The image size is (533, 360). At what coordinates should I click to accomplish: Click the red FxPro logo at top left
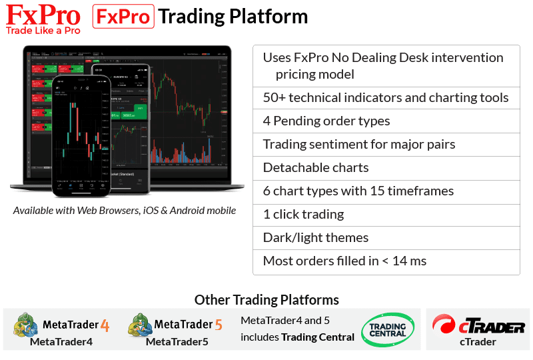click(x=43, y=14)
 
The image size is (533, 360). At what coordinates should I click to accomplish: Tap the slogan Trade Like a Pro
click(x=43, y=29)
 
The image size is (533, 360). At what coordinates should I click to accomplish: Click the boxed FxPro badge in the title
click(x=123, y=17)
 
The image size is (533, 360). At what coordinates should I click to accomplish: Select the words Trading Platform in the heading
click(x=233, y=17)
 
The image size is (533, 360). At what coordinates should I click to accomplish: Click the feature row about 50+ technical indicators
click(x=386, y=98)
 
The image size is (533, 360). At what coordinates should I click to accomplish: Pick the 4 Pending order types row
click(x=326, y=121)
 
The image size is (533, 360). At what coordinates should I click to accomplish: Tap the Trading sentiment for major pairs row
click(x=359, y=145)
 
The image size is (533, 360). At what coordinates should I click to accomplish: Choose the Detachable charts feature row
click(x=316, y=167)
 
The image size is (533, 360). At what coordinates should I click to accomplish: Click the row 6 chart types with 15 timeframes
click(x=358, y=191)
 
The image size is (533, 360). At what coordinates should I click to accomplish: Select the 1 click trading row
click(x=303, y=214)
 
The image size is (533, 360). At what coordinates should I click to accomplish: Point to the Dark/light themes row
click(x=316, y=237)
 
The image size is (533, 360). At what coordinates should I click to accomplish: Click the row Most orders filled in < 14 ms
click(x=344, y=261)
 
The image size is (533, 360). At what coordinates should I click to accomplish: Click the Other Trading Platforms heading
click(x=266, y=300)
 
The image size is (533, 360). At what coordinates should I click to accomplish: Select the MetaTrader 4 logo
click(x=61, y=325)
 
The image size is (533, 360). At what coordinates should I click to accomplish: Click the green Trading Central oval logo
click(x=387, y=329)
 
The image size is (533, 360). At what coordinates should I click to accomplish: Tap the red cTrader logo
click(x=478, y=325)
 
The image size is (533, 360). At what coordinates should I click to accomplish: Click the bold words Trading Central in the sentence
click(x=318, y=337)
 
